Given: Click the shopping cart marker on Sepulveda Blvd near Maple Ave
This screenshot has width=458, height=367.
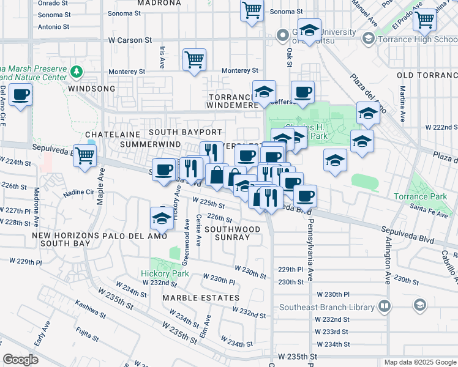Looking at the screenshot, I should (84, 155).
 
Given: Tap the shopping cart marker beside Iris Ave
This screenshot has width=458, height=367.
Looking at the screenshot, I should (194, 60).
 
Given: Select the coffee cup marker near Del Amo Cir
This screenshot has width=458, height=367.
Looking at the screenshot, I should (20, 96).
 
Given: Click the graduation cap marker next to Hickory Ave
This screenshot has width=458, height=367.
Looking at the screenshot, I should (162, 217).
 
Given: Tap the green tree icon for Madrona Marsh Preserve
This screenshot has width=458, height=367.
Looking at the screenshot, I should (77, 72).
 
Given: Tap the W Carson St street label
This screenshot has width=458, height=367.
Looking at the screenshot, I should (130, 40).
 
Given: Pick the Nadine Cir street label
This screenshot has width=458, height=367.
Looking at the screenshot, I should (79, 192).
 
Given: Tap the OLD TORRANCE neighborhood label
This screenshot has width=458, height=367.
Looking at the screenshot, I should (427, 75).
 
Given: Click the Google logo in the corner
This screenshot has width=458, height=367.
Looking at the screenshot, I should (21, 360).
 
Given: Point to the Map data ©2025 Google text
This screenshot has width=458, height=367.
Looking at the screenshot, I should (419, 362).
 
